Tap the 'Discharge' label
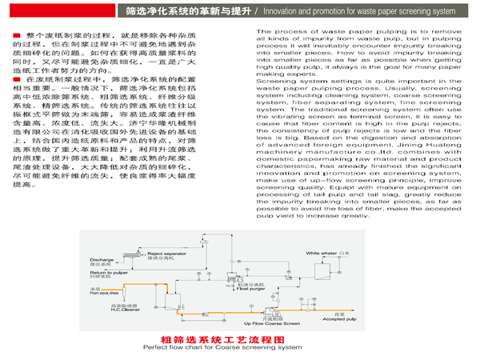pos(102,260)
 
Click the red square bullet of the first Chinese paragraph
pos(16,38)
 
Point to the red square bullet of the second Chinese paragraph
pos(16,82)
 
